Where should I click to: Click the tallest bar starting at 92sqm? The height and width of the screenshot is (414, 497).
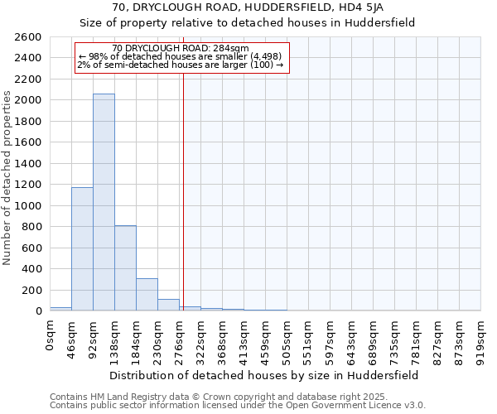(x=104, y=202)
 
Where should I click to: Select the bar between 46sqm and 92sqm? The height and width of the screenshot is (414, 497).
(x=82, y=248)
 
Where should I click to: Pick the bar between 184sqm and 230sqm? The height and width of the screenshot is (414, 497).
(x=147, y=294)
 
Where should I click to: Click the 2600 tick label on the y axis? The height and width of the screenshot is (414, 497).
(x=28, y=37)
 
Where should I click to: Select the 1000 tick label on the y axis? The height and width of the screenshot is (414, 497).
(x=28, y=205)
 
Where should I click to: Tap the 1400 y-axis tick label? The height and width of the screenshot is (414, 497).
(x=28, y=164)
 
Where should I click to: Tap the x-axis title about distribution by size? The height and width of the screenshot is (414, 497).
(x=264, y=374)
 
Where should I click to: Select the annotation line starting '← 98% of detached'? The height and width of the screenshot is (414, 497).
(x=181, y=57)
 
